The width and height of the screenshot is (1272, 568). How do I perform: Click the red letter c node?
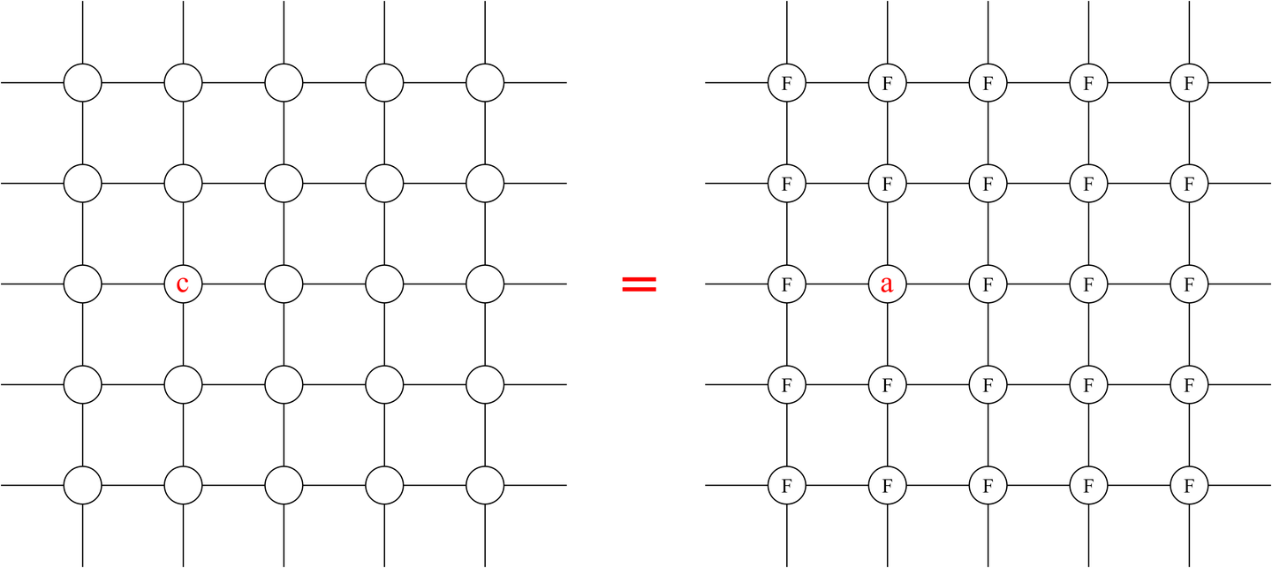click(x=183, y=284)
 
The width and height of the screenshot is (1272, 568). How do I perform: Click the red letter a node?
click(x=888, y=284)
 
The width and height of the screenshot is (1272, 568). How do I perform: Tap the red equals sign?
click(x=639, y=284)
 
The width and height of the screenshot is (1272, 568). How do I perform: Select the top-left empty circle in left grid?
click(x=82, y=83)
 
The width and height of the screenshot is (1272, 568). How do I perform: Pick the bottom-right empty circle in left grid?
click(x=485, y=486)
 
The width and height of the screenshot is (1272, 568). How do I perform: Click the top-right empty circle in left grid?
click(x=485, y=83)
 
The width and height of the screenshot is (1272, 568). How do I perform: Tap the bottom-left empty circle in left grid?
click(x=82, y=486)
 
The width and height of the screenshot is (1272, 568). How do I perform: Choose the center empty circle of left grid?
click(x=284, y=284)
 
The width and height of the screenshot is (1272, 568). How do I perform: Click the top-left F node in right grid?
click(x=787, y=83)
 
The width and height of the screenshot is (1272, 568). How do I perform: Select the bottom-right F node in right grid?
click(x=1190, y=486)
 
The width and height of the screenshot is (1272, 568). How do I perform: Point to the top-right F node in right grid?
click(x=1190, y=83)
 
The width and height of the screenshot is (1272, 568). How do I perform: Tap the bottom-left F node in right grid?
click(x=787, y=486)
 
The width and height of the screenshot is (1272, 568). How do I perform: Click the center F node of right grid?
click(x=988, y=284)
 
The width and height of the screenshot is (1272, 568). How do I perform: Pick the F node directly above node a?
click(x=888, y=184)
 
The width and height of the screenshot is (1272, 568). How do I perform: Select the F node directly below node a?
click(x=888, y=385)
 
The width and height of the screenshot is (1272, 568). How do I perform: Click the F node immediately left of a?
click(x=787, y=284)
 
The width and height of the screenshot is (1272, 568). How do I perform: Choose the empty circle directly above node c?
click(x=183, y=184)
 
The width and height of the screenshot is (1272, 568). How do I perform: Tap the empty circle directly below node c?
click(x=183, y=385)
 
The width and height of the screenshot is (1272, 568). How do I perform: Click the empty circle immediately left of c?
click(x=82, y=284)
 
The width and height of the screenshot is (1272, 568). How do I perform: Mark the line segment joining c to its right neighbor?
click(x=233, y=284)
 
